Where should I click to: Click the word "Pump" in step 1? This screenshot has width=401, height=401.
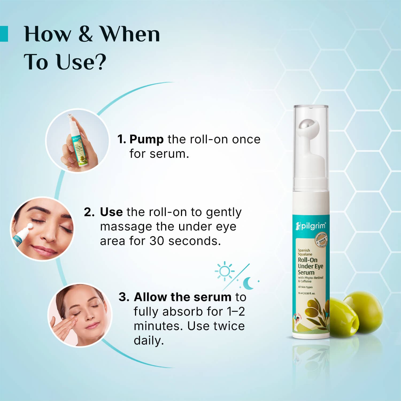[x=146, y=140]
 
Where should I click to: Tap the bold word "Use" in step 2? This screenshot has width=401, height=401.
[x=111, y=212]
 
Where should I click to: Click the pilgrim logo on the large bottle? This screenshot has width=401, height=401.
[x=310, y=226]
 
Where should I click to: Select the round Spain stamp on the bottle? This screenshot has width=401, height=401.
[x=321, y=240]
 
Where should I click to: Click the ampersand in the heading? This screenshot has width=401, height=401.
[x=86, y=34]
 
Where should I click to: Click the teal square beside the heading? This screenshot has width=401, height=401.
[x=4, y=34]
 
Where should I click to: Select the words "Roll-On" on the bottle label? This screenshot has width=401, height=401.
[x=307, y=260]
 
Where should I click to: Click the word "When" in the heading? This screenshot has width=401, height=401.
[x=130, y=34]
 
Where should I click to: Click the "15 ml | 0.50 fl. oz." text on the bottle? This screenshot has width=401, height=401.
[x=306, y=293]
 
